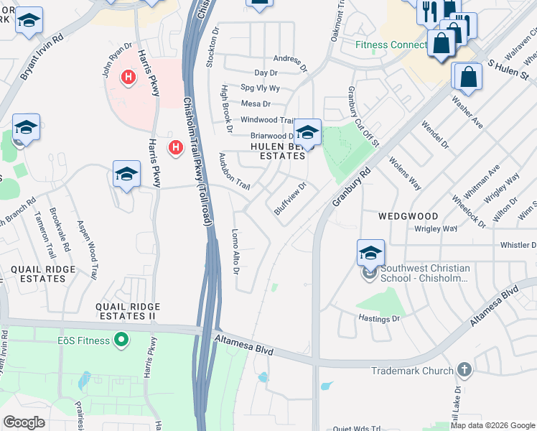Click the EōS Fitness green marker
coord(122,339)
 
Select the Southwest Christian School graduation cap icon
coord(370,253)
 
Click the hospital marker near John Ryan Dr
coord(129,77)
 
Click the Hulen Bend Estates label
coord(277,150)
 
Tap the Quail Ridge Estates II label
coord(126,311)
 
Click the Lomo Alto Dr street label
coord(235,251)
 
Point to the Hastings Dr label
coord(378,316)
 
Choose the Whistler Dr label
coord(518,245)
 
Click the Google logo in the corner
coord(24,422)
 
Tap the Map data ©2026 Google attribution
coord(492,425)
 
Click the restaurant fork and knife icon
coord(429,11)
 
